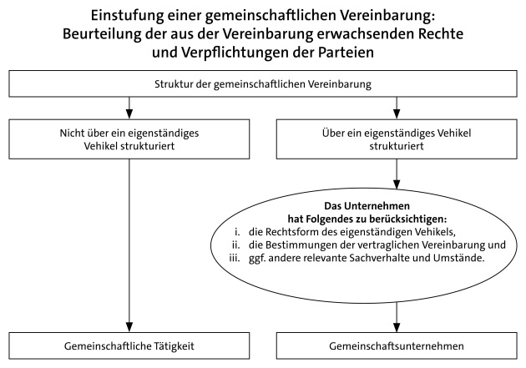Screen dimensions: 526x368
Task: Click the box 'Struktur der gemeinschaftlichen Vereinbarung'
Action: pos(263,83)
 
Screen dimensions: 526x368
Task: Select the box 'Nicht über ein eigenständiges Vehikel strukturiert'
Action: pos(129,139)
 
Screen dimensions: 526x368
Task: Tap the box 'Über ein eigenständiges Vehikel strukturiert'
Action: pos(397,139)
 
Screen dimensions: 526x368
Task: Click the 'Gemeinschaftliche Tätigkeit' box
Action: pos(129,345)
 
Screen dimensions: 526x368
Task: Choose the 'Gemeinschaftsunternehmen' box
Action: pos(397,345)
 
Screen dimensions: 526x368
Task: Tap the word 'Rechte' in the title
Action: pos(440,34)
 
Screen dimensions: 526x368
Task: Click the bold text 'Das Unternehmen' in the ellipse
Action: pos(367,205)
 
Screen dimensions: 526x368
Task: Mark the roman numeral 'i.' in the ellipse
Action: pos(237,232)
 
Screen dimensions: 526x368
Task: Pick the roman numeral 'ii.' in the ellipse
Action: pos(235,244)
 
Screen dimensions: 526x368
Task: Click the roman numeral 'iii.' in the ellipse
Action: pos(235,258)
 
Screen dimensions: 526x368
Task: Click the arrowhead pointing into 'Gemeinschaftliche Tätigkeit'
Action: pos(129,327)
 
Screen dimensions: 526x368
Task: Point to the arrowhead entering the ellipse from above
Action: pos(397,184)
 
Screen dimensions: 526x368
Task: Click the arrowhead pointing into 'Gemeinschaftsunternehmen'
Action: pos(397,327)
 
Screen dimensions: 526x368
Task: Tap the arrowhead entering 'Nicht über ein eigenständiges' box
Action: pos(129,114)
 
